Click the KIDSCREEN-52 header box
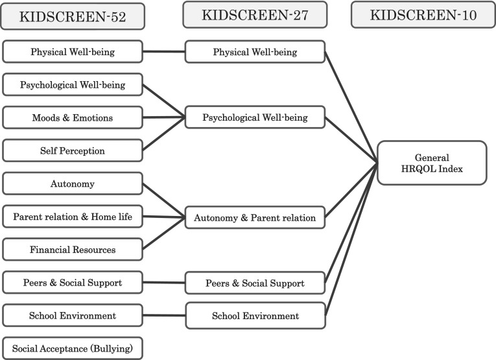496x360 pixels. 72,17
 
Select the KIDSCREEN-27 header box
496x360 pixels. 254,14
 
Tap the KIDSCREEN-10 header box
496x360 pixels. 423,15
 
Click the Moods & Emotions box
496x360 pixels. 72,118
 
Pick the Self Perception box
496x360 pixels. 72,151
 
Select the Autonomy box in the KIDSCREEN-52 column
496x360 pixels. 72,184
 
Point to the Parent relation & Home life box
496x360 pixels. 72,217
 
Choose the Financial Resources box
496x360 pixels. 72,250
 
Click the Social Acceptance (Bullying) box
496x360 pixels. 72,349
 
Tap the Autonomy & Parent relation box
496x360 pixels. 255,218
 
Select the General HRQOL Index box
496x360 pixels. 431,163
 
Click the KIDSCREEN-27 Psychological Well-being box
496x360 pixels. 255,118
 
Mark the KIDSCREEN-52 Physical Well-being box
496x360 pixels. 72,52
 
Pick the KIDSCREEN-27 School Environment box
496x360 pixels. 255,316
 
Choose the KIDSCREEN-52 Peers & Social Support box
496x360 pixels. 72,283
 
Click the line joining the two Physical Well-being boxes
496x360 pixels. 163,52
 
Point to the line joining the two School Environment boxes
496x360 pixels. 163,316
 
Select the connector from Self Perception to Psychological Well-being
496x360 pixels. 163,135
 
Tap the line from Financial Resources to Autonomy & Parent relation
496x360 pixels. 163,234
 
